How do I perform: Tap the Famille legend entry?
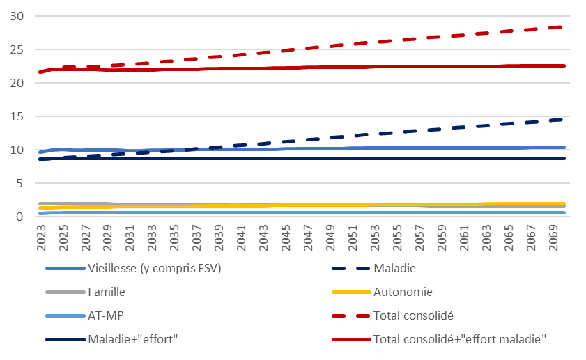click(106, 292)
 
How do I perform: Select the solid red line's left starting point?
click(40, 72)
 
